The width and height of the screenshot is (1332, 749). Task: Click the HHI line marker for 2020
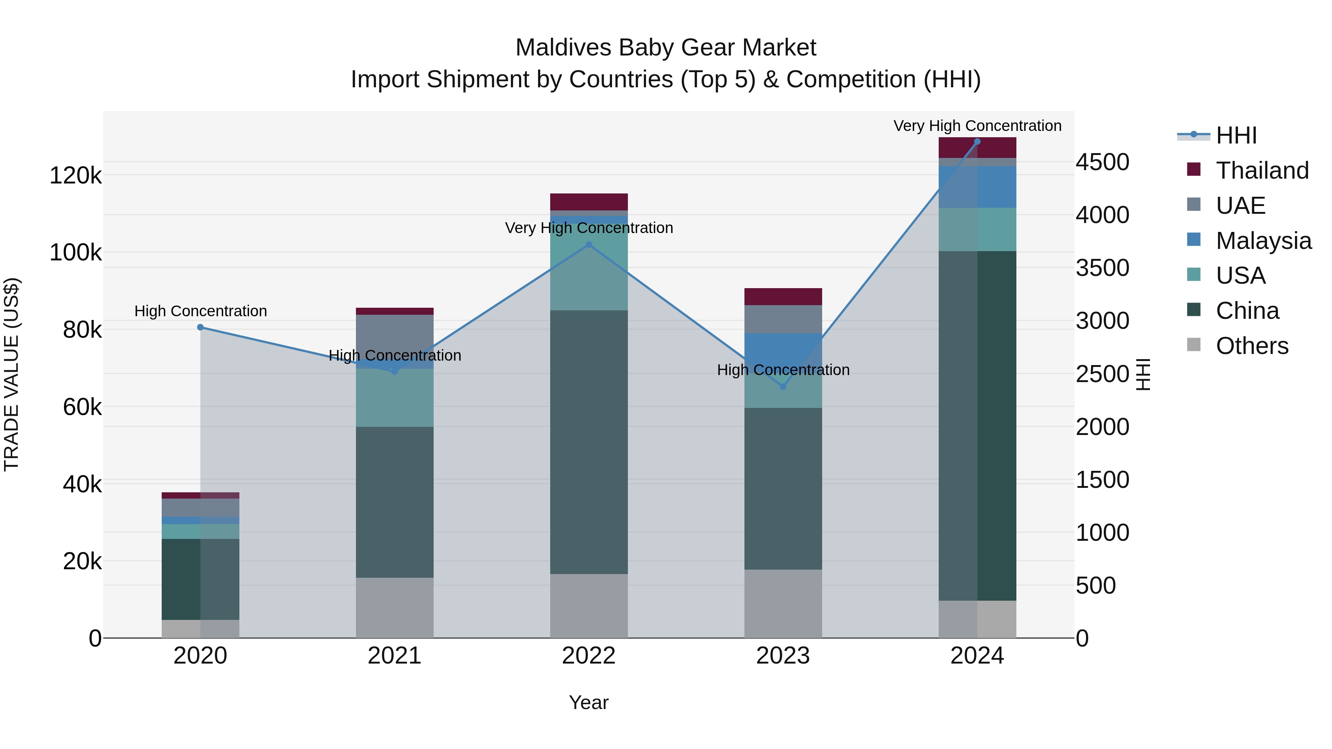[201, 327]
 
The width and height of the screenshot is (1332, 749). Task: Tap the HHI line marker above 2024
[977, 142]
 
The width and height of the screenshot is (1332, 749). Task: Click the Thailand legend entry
[1262, 171]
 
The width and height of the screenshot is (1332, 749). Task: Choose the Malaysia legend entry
[1263, 241]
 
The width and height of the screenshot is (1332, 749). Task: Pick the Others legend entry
[1251, 346]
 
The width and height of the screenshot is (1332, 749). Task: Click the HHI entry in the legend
[1236, 135]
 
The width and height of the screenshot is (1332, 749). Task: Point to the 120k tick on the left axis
[75, 176]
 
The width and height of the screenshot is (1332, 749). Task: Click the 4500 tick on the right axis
[1103, 162]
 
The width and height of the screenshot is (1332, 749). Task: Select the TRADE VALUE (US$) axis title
[11, 374]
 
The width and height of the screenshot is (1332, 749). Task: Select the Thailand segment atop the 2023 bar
[783, 297]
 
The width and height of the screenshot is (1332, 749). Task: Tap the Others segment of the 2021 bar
[394, 607]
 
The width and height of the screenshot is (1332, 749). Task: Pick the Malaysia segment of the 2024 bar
[977, 187]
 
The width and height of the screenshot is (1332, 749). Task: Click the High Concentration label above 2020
[201, 311]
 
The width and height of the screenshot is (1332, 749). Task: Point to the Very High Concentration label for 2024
[977, 126]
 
